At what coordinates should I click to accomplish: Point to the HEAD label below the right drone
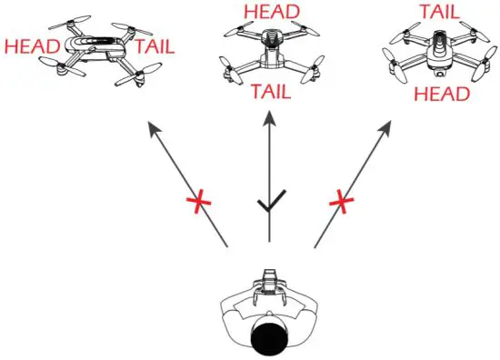pyautogui.click(x=440, y=94)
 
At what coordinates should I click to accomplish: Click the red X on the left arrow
pyautogui.click(x=193, y=201)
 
